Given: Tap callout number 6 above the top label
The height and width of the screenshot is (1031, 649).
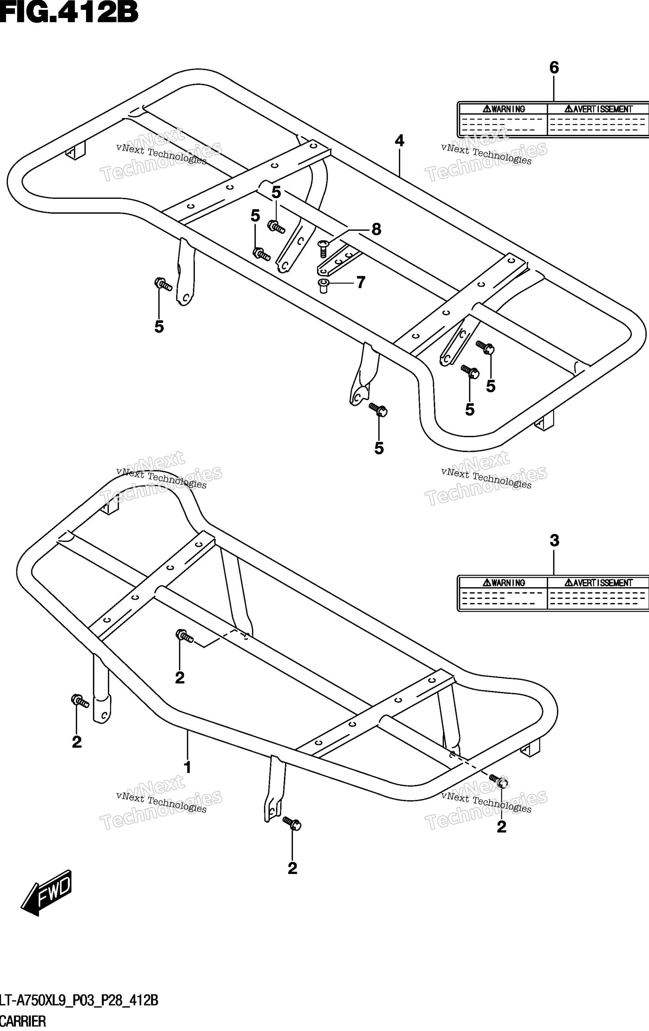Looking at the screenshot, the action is (x=554, y=68).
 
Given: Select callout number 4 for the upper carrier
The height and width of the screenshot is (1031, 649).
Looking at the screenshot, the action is (x=399, y=141).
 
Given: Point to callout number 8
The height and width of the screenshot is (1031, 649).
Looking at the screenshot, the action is (x=376, y=230).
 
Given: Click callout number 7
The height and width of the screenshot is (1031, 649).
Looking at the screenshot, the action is (x=361, y=283).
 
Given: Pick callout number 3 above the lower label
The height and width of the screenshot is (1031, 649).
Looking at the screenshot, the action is (x=554, y=541).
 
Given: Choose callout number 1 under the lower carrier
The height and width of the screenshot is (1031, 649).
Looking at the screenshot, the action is (x=187, y=768).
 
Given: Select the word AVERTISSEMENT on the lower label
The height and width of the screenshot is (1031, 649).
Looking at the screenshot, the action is (x=598, y=583).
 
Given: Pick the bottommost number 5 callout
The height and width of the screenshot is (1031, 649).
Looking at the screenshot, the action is (x=379, y=448).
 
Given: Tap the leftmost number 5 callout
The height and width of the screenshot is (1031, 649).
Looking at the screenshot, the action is (x=159, y=327).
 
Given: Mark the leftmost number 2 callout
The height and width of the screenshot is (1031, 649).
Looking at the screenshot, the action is (x=77, y=742).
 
